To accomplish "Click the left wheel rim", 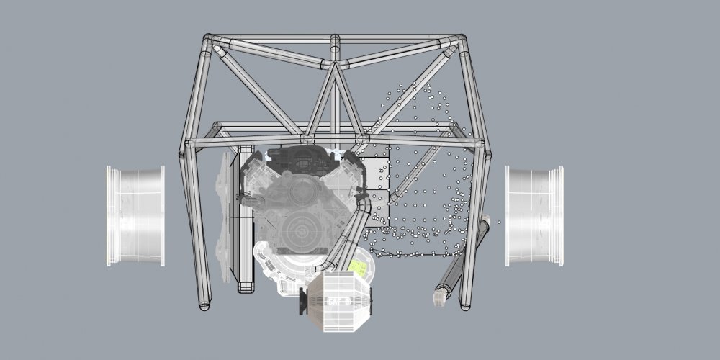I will pos(135,215).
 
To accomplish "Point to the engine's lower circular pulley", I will pos(298,231).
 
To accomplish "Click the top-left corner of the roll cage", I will pos(207,40).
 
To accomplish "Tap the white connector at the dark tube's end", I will pos(438,298).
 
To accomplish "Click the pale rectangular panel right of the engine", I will pos(377,184).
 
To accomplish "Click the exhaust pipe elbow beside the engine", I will pos(364,205).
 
